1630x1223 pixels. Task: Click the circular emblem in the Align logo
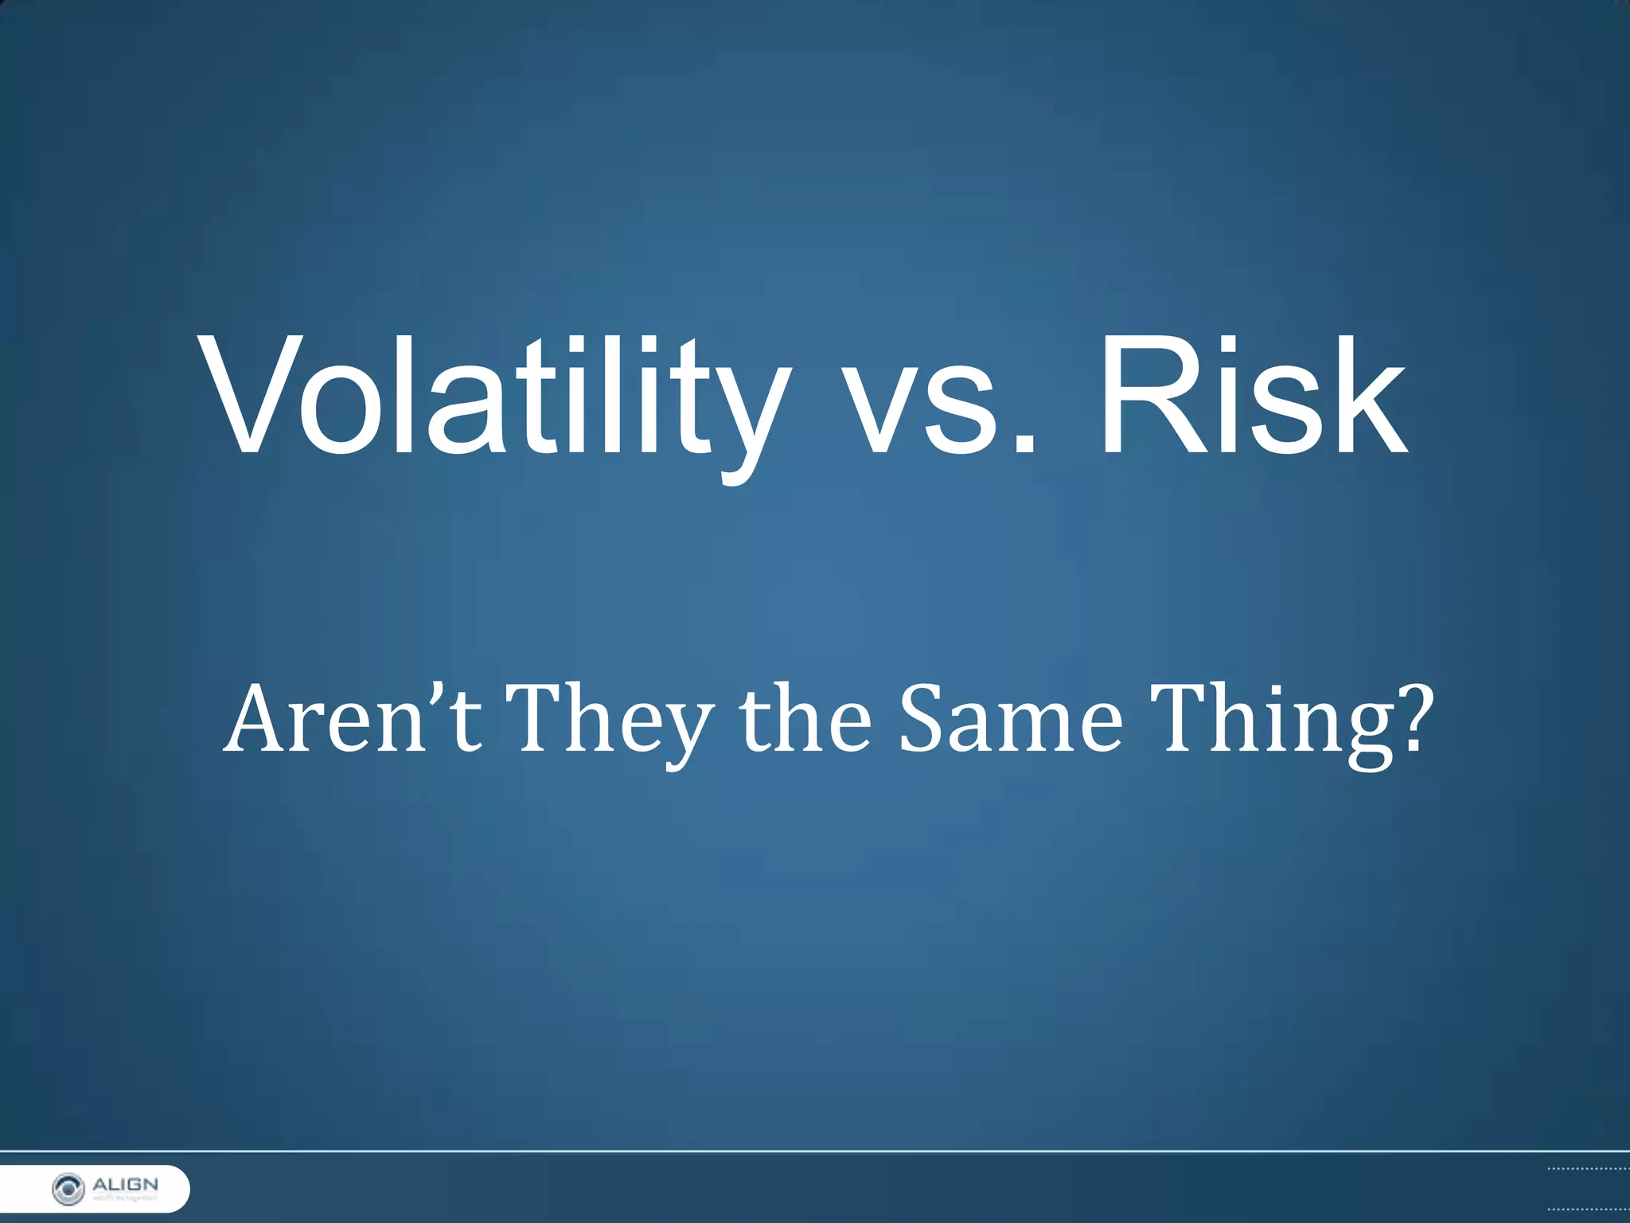pos(68,1189)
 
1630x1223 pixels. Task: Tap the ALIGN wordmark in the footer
pos(125,1184)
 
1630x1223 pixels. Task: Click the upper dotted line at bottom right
pos(1588,1169)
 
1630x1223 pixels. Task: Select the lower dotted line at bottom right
pos(1588,1209)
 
